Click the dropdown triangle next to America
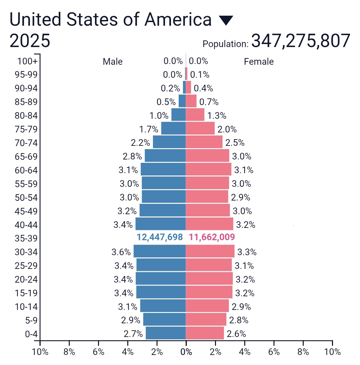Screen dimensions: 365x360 coord(226,21)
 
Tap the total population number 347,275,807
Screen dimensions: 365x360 coord(301,41)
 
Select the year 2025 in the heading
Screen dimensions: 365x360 coord(30,41)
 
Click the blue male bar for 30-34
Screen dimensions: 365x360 coord(159,251)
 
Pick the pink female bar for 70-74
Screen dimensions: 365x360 coord(204,142)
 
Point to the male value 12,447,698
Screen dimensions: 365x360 coord(160,237)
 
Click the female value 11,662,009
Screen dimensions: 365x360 coord(212,237)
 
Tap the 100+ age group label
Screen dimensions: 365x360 coord(27,61)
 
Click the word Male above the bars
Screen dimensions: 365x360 coord(113,62)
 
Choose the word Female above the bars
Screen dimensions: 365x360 coord(259,62)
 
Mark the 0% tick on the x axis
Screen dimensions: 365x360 coord(186,352)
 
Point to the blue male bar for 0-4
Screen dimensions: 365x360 coord(165,333)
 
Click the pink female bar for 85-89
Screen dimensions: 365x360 coord(191,101)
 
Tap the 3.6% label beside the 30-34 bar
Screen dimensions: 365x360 coord(121,252)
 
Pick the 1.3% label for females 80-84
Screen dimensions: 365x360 coord(217,116)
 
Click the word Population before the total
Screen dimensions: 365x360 coord(225,44)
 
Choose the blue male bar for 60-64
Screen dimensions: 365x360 coord(163,169)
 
